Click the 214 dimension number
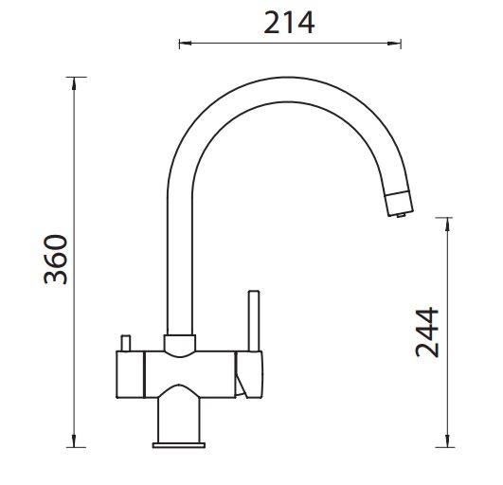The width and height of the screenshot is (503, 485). [289, 23]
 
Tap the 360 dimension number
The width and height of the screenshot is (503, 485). [56, 260]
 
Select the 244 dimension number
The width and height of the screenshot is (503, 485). [427, 332]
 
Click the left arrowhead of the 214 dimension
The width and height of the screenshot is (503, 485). [185, 43]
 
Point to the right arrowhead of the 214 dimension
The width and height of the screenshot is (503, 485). [394, 43]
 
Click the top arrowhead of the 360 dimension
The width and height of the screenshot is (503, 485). [74, 83]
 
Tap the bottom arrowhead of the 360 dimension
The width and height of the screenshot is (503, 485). [74, 440]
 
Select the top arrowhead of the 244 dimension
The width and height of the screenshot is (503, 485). [447, 224]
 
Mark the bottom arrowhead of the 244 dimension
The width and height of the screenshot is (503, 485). [447, 440]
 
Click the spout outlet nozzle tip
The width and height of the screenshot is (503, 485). [399, 203]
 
